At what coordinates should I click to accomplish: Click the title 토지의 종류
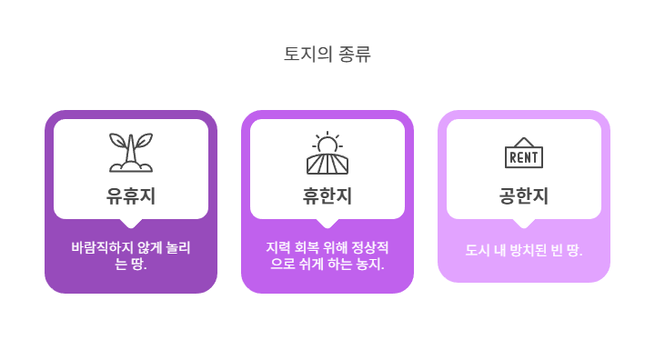(x=327, y=54)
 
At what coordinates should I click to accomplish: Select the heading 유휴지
(x=131, y=195)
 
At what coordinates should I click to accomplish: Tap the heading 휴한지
(x=327, y=195)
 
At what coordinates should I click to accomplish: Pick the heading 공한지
(x=524, y=195)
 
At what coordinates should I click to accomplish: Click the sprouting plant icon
(x=131, y=153)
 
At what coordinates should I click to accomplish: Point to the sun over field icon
(x=327, y=153)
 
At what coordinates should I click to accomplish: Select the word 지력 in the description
(x=277, y=247)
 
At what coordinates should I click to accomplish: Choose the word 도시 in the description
(x=478, y=249)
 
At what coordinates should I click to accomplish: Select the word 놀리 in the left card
(x=179, y=247)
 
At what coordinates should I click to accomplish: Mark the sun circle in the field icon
(x=327, y=145)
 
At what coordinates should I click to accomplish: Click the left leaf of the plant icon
(x=118, y=141)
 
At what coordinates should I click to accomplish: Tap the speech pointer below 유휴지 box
(x=131, y=223)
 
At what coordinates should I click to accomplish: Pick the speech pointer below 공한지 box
(x=524, y=223)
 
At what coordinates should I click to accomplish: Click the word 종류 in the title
(x=354, y=54)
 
